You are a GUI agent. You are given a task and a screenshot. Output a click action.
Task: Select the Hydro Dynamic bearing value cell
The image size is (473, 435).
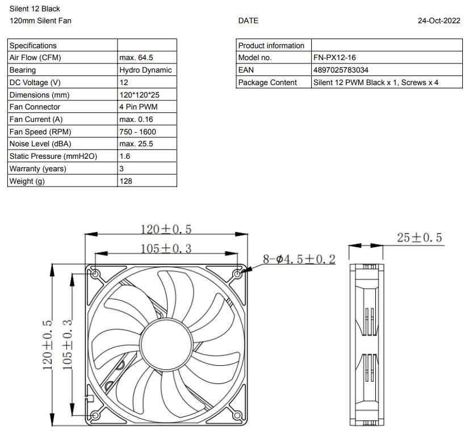point(145,70)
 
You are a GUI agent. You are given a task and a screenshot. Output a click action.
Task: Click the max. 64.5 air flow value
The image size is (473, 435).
point(136,58)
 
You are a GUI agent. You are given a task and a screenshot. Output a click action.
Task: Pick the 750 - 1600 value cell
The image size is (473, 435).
point(138,132)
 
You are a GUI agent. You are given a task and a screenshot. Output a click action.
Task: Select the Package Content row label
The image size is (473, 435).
point(267,83)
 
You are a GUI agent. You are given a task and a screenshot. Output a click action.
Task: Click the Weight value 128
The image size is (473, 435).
point(125,181)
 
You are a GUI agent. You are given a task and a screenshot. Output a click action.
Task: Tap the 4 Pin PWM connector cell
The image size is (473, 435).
point(139,107)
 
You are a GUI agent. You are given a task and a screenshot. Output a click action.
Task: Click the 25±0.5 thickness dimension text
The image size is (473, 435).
point(419,238)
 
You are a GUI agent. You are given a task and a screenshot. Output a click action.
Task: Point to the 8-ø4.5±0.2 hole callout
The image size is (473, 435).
point(299,259)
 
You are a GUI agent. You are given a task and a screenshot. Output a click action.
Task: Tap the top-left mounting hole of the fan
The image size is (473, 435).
point(95,274)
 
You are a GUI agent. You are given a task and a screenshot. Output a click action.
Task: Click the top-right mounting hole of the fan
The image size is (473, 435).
point(237,274)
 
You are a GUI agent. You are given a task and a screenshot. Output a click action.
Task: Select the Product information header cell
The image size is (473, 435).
point(271,45)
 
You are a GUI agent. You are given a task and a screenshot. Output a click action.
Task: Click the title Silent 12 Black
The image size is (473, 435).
point(35,9)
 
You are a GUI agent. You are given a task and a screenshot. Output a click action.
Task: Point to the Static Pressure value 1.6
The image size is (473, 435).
point(125,156)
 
